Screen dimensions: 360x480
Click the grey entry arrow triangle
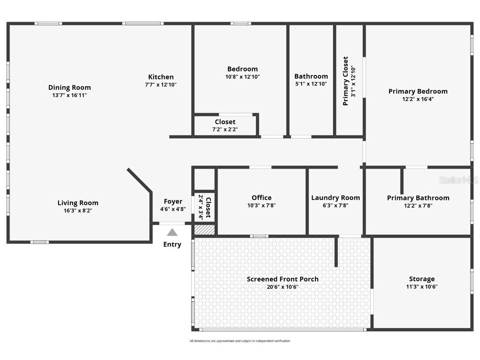pyautogui.click(x=172, y=232)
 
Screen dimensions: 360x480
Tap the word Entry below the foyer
pyautogui.click(x=172, y=244)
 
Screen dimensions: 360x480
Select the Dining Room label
pyautogui.click(x=69, y=88)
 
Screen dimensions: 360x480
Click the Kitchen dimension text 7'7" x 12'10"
pyautogui.click(x=160, y=85)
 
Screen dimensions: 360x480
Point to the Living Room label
pyautogui.click(x=78, y=203)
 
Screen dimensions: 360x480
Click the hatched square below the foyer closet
pyautogui.click(x=204, y=229)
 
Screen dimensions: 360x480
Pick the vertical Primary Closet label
pyautogui.click(x=346, y=81)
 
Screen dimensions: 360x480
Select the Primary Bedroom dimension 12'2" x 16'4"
pyautogui.click(x=418, y=99)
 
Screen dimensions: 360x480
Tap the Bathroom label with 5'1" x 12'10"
pyautogui.click(x=311, y=76)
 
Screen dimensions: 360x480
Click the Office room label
pyautogui.click(x=261, y=197)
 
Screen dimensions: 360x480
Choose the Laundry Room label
pyautogui.click(x=335, y=197)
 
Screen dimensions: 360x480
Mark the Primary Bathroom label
pyautogui.click(x=418, y=198)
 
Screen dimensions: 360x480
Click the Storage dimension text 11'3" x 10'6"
pyautogui.click(x=421, y=287)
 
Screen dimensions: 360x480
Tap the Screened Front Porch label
pyautogui.click(x=282, y=279)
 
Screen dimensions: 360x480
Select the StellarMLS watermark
pyautogui.click(x=458, y=180)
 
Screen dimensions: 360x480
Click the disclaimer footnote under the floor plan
pyautogui.click(x=240, y=341)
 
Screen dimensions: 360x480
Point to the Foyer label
pyautogui.click(x=173, y=201)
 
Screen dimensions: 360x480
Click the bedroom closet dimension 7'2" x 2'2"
pyautogui.click(x=225, y=129)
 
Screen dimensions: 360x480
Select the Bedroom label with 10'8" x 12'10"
pyautogui.click(x=243, y=69)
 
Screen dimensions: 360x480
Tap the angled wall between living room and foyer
pyautogui.click(x=139, y=180)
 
